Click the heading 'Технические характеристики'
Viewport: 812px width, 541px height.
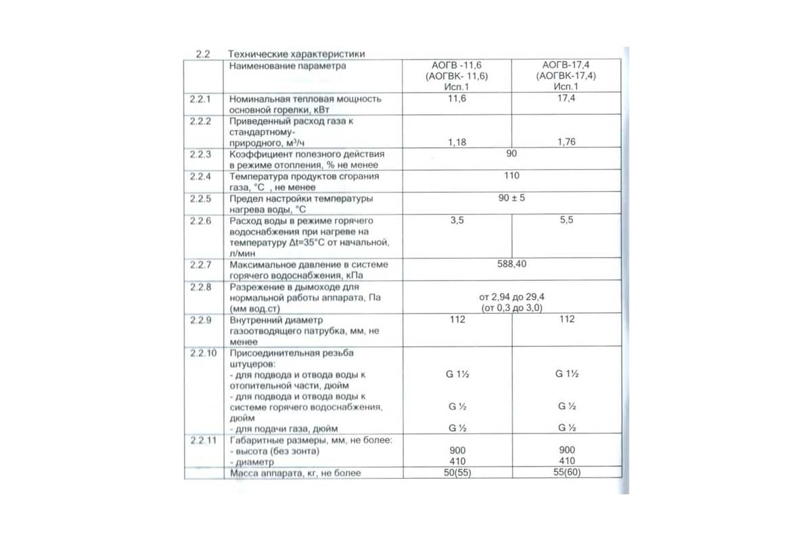click(297, 53)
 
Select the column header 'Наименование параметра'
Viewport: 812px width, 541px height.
click(288, 66)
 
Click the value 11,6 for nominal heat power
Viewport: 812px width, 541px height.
click(458, 99)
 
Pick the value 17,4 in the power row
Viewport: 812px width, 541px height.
click(567, 99)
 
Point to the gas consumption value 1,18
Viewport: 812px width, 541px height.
click(458, 143)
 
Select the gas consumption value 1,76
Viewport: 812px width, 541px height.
click(567, 143)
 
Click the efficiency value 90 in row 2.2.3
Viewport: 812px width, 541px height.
click(512, 154)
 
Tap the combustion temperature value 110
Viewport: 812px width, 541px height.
click(512, 177)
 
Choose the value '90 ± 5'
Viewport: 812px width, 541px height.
click(512, 199)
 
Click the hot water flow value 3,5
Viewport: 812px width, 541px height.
click(458, 221)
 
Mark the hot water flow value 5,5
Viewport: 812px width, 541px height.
click(567, 221)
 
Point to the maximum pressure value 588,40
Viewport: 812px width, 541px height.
click(512, 264)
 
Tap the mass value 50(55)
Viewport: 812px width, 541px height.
click(458, 473)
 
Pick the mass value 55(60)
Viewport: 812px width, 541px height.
click(567, 473)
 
